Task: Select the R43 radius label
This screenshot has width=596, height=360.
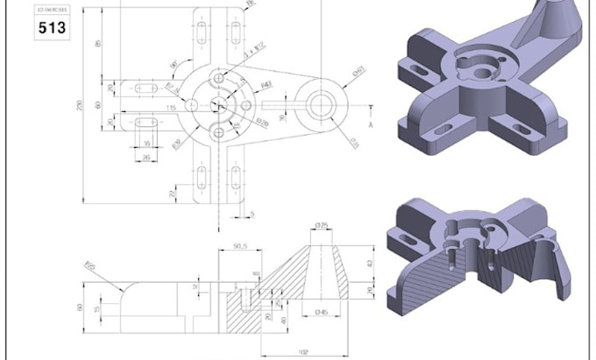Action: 266,84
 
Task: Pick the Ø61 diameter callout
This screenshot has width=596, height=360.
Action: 358,72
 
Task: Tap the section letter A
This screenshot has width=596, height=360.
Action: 371,124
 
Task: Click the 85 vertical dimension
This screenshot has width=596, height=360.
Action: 97,43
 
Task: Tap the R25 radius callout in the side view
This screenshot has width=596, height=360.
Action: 88,264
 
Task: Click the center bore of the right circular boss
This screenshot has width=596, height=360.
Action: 319,104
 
